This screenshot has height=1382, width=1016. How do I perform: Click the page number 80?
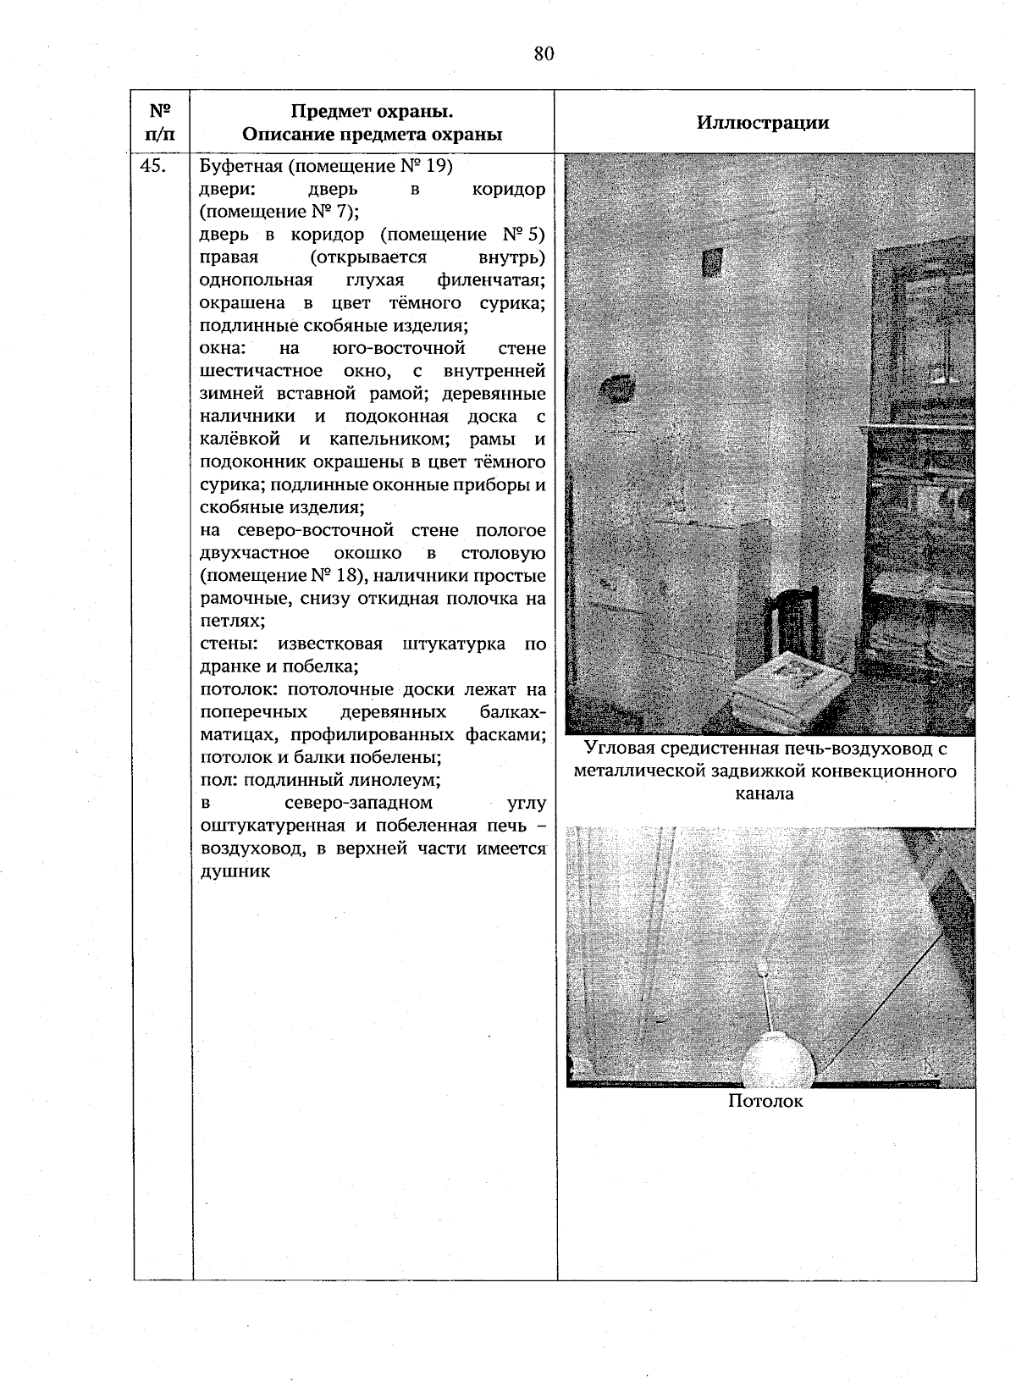[x=544, y=54]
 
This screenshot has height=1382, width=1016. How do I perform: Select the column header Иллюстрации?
[x=763, y=123]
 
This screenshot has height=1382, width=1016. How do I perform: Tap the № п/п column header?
[x=161, y=123]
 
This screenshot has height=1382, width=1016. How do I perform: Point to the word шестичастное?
[x=261, y=371]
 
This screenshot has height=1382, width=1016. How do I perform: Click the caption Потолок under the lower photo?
[x=765, y=1101]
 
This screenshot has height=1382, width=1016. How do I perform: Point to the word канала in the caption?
[x=765, y=794]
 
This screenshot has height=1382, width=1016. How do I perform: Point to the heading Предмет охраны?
[x=372, y=112]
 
